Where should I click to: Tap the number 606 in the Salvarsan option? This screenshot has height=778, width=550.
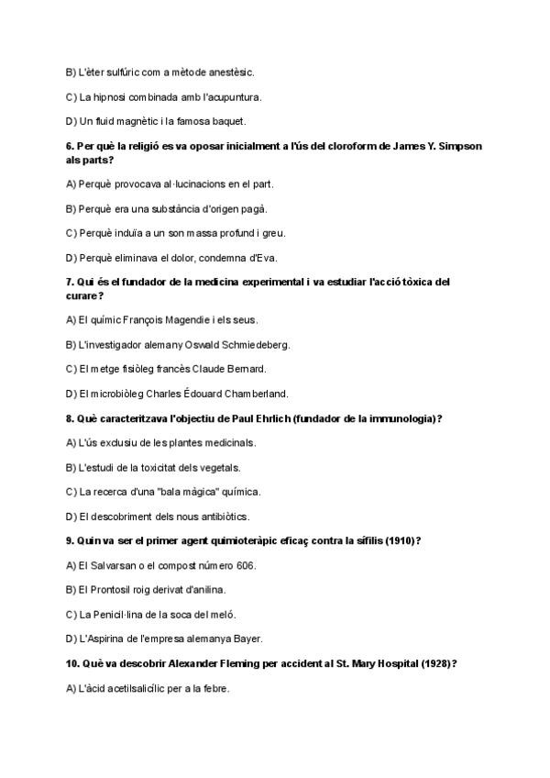[x=245, y=565]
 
